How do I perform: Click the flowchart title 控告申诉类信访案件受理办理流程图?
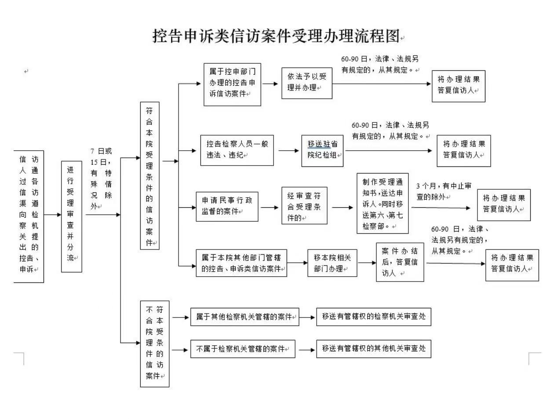point(276,36)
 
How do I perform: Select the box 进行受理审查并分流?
point(71,216)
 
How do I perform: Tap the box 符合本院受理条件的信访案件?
point(149,176)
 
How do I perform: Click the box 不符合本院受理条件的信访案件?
point(154,343)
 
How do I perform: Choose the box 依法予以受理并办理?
point(306,83)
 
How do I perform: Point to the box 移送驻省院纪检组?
point(322,150)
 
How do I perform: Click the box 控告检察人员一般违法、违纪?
point(237,150)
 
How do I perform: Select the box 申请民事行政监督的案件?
point(227,206)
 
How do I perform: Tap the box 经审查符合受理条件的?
point(304,206)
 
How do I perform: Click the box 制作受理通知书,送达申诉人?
point(382,203)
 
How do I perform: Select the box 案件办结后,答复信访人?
point(400,262)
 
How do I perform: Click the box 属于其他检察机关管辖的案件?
point(244,317)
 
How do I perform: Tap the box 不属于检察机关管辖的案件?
point(242,349)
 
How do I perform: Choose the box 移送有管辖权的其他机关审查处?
point(373,349)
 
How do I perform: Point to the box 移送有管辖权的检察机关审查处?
point(373,317)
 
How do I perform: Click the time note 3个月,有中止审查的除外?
point(443,191)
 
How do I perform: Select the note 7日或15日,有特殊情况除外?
point(102,178)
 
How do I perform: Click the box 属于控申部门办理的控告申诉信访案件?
point(232,84)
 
